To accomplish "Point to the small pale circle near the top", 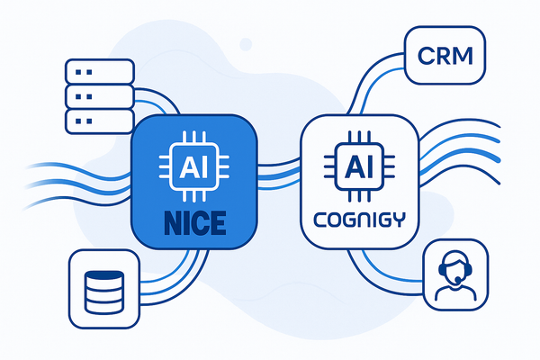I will pyautogui.click(x=246, y=41).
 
